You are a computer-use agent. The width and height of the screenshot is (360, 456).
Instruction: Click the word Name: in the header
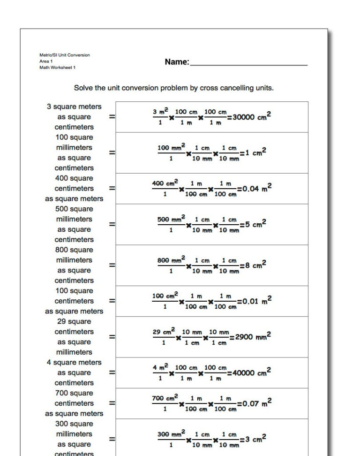click(177, 62)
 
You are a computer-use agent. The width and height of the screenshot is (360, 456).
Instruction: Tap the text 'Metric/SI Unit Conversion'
click(65, 55)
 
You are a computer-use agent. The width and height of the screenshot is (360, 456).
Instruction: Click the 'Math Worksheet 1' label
click(57, 68)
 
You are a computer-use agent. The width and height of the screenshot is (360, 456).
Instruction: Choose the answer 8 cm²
click(255, 265)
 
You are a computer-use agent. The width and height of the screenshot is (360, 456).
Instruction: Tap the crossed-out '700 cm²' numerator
click(165, 398)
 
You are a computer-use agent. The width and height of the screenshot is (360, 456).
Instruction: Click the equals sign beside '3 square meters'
click(112, 117)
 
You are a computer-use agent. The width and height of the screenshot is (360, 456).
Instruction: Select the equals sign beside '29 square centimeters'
click(112, 336)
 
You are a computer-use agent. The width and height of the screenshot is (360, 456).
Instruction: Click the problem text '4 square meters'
click(74, 362)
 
